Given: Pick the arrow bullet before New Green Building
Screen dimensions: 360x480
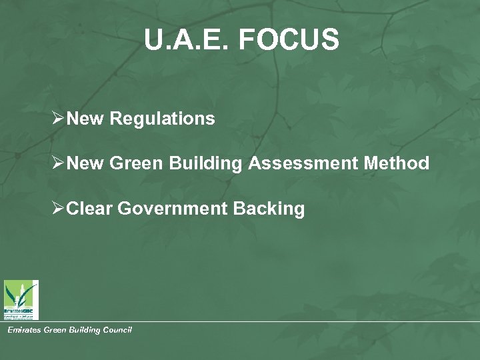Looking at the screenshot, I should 58,164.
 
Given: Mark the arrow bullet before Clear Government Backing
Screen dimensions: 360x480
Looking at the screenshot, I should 58,209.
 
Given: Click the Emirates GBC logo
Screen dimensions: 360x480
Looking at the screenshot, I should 21,299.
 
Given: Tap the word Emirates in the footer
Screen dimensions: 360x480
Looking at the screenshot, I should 23,330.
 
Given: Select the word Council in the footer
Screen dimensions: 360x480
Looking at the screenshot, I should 116,330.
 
